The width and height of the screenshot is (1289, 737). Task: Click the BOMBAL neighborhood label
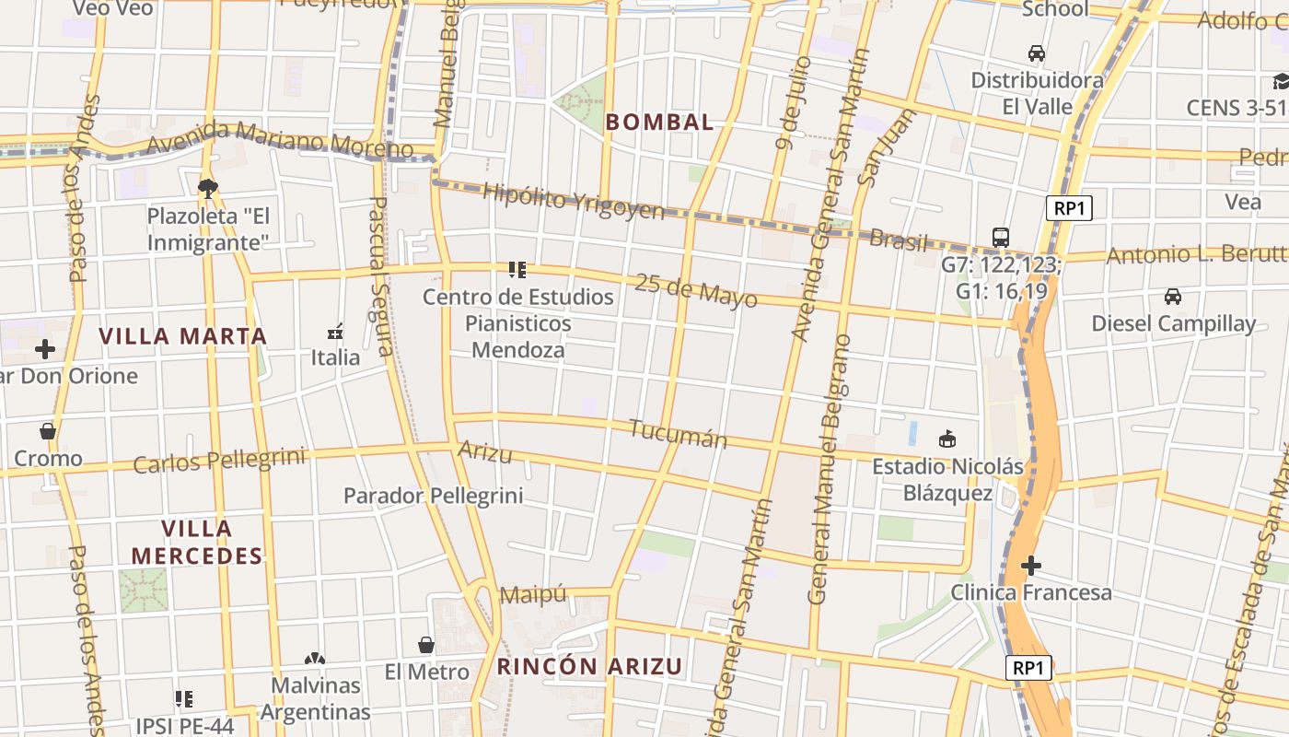tap(660, 122)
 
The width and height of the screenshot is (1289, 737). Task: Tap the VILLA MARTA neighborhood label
tap(182, 336)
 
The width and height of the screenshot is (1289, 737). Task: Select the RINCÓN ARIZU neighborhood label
tap(590, 666)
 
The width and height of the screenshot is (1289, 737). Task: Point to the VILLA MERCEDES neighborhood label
tap(197, 543)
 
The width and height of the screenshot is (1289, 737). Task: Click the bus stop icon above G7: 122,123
tap(1001, 238)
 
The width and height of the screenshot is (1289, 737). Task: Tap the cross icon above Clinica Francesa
tap(1031, 565)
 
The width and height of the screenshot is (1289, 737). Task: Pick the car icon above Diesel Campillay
tap(1173, 297)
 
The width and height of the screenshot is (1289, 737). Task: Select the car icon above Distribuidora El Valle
tap(1037, 53)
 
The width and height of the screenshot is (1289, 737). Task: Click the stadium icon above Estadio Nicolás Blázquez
tap(947, 439)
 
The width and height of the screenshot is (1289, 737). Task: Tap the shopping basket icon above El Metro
tap(426, 644)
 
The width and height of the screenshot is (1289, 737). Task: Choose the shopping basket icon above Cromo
tap(48, 430)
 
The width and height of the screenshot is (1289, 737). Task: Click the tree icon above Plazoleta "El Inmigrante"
tap(208, 188)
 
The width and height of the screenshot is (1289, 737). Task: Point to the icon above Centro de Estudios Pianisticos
tap(517, 270)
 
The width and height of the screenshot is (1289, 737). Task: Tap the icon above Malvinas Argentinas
tap(315, 659)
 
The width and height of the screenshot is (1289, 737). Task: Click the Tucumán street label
tap(678, 434)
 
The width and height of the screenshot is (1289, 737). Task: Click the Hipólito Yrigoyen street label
tap(573, 202)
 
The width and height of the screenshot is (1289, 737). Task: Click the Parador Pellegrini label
tap(433, 496)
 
